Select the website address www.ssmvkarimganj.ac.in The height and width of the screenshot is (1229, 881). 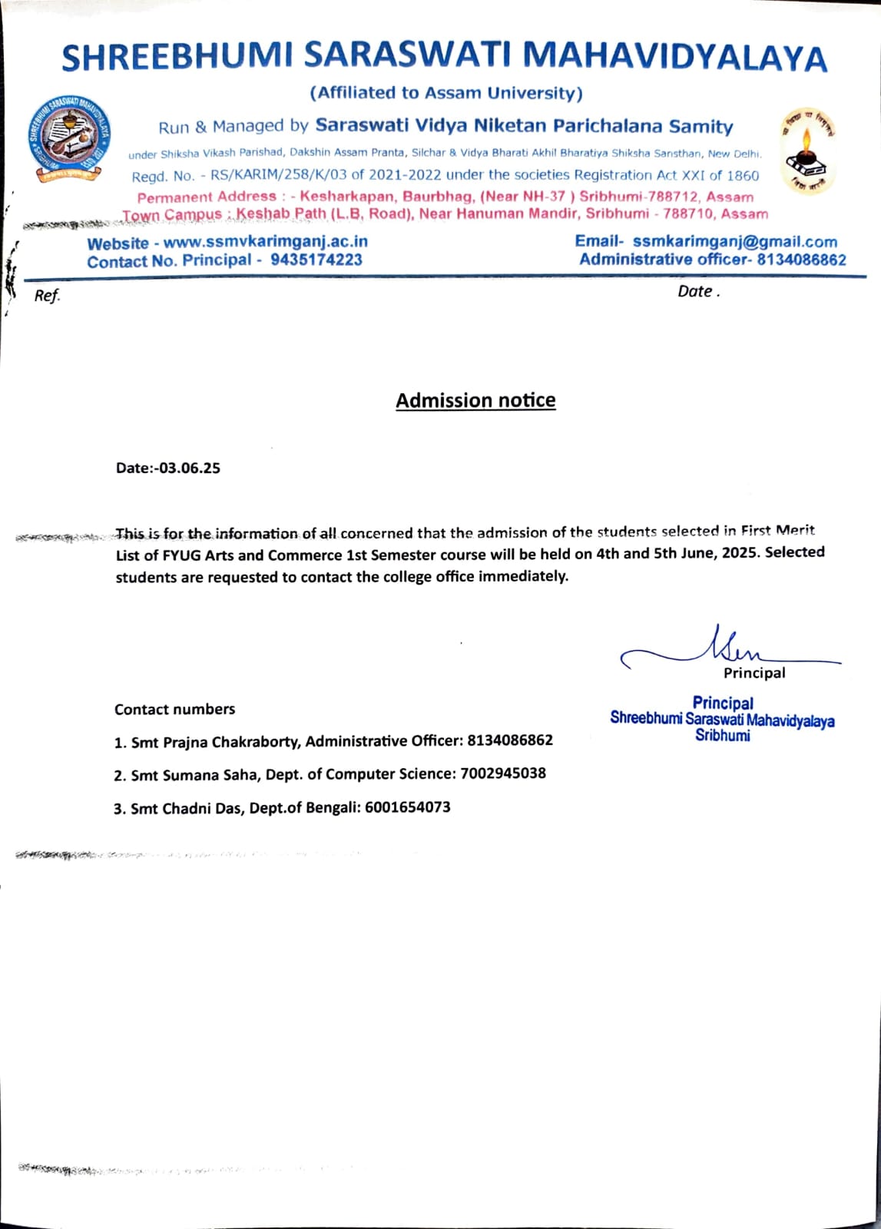(266, 242)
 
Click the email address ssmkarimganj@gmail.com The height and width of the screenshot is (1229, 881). (735, 241)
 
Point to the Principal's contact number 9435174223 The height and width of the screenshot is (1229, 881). (316, 260)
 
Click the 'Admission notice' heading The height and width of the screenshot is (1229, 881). (475, 400)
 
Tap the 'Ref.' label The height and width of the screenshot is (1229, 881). (47, 296)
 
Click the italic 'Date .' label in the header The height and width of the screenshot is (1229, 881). (698, 292)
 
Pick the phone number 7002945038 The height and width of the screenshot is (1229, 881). (503, 774)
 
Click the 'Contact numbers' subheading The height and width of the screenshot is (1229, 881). (174, 709)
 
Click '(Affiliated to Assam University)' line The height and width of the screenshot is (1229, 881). (446, 93)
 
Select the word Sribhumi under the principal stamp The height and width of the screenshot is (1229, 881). (722, 735)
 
